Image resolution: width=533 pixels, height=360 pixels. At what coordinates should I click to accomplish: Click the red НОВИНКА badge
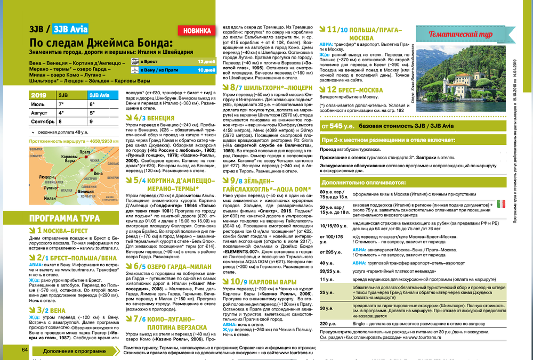[196, 30]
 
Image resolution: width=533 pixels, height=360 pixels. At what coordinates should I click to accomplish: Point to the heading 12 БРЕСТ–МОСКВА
[354, 89]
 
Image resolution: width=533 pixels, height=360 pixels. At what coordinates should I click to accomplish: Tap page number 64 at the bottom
[25, 349]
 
